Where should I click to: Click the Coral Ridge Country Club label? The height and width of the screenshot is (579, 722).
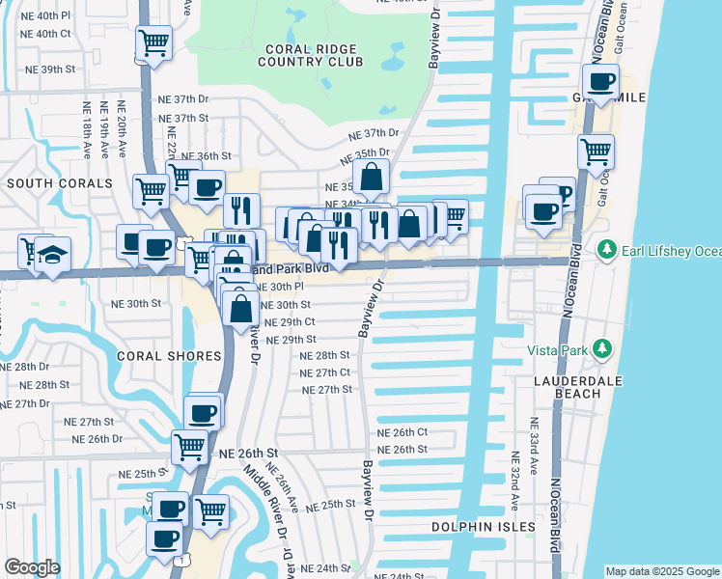[x=309, y=54]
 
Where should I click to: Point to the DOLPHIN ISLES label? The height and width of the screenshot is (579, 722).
[x=483, y=527]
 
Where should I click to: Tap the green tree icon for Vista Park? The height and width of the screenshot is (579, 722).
[x=603, y=347]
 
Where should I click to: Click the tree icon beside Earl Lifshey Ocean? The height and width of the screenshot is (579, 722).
[x=607, y=251]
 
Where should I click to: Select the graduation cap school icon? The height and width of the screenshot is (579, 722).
[x=53, y=254]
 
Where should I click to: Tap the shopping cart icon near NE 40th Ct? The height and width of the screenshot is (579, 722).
[x=153, y=43]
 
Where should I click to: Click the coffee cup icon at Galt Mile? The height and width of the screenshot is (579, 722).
[x=601, y=82]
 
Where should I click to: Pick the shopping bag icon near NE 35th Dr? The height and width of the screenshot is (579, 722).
[x=371, y=178]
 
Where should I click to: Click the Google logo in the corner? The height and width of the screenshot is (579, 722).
[x=32, y=567]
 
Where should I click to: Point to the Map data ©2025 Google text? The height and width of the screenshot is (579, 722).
[x=661, y=571]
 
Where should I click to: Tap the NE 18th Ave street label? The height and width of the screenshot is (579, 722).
[x=86, y=130]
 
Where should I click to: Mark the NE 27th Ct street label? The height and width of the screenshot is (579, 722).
[x=324, y=372]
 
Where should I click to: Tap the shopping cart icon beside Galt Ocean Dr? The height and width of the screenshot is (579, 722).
[x=596, y=151]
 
